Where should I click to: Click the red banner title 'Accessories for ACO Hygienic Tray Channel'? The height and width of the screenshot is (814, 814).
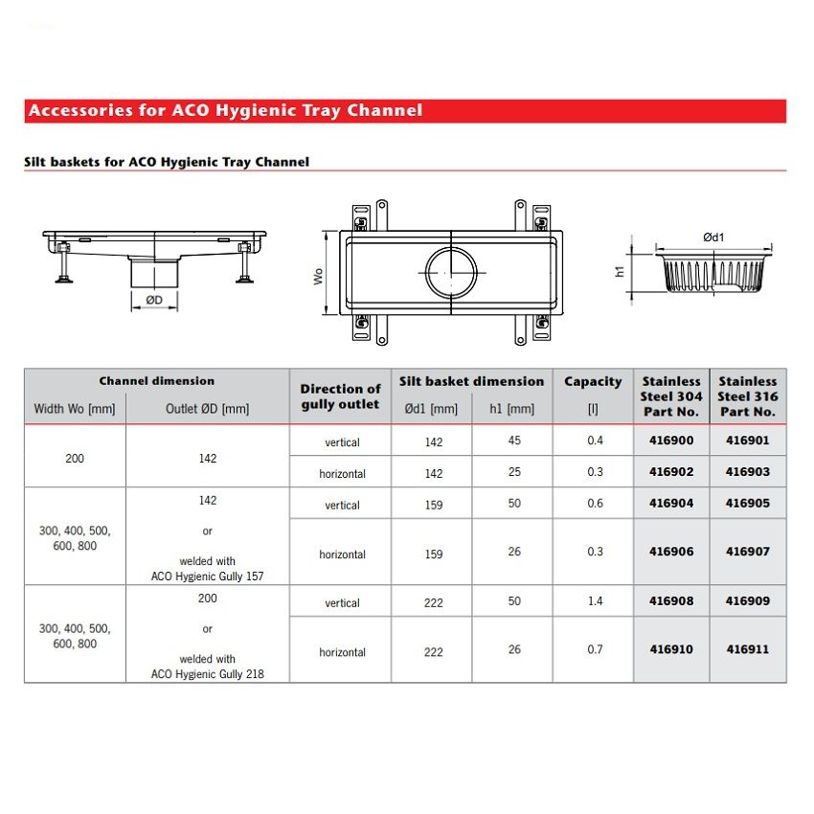(x=225, y=110)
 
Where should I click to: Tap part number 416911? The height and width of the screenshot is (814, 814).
(x=748, y=649)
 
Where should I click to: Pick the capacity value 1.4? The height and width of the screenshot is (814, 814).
(x=596, y=601)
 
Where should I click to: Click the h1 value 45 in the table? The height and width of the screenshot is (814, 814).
(x=515, y=441)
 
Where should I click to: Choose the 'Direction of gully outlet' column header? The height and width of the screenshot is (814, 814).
(x=340, y=396)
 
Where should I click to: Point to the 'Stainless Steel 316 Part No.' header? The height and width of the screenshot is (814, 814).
(x=748, y=396)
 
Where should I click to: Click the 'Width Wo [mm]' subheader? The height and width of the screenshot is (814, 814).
(x=75, y=409)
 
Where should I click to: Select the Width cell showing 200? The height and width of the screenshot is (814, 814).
(x=75, y=458)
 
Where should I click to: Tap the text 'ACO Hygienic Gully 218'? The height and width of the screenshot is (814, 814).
(x=207, y=673)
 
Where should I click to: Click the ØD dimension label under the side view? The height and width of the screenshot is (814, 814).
(x=153, y=300)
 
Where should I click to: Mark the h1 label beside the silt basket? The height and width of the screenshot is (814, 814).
(x=620, y=271)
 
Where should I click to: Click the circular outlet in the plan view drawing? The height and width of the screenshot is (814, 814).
(x=449, y=271)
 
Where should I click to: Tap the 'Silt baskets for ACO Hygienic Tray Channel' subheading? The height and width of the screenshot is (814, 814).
(x=167, y=162)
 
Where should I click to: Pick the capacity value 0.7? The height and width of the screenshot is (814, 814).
(x=596, y=649)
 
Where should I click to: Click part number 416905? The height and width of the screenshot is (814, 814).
(x=748, y=503)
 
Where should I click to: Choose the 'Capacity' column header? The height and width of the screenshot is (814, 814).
(x=593, y=382)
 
